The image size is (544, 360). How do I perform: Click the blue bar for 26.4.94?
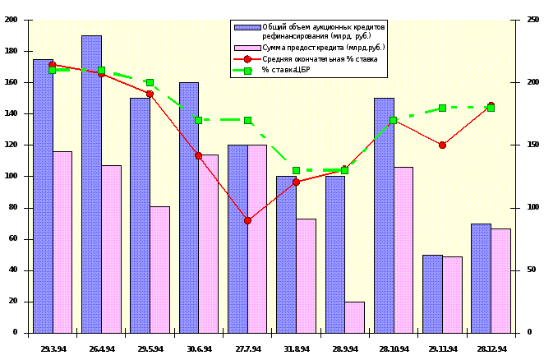tap(91, 184)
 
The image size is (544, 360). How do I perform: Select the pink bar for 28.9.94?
tap(354, 317)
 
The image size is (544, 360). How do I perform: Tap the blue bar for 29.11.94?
tap(432, 293)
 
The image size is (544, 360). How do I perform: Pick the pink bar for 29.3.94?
tap(62, 242)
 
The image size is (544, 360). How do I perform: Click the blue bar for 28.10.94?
tap(384, 215)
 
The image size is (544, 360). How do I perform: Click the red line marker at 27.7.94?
tap(247, 220)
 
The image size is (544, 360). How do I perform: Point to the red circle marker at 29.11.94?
tap(442, 145)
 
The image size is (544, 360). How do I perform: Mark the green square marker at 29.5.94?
tap(150, 83)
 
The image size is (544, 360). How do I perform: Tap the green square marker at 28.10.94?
tap(393, 120)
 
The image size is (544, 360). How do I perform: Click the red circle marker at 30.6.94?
tap(198, 155)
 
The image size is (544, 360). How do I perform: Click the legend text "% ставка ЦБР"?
tap(287, 70)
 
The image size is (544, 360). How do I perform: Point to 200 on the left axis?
tap(11, 20)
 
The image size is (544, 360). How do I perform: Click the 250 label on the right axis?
tap(532, 20)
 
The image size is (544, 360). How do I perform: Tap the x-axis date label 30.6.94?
tap(198, 348)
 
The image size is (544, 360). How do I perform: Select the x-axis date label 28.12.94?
tap(491, 348)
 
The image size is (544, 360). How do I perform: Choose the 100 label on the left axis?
tap(11, 176)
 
